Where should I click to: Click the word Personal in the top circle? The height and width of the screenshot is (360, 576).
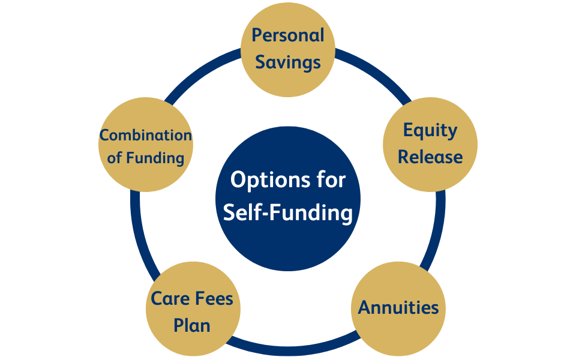(x=287, y=35)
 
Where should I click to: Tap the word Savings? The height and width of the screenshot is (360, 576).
(x=287, y=62)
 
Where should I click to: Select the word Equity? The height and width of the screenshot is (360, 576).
(x=430, y=130)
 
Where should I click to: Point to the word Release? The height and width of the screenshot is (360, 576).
(x=430, y=157)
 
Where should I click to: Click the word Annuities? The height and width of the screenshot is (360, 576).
(x=398, y=307)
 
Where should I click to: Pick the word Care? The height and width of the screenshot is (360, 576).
(x=169, y=298)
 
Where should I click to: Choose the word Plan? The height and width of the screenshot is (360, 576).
(x=192, y=325)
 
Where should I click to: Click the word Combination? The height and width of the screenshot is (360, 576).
(x=146, y=135)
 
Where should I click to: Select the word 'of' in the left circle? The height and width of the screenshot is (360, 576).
(x=114, y=158)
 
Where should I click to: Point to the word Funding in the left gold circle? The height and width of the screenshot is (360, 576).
(x=155, y=158)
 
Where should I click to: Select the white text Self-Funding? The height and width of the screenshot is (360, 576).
(x=287, y=212)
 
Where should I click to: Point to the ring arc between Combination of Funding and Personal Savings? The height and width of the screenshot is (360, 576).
(x=200, y=72)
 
